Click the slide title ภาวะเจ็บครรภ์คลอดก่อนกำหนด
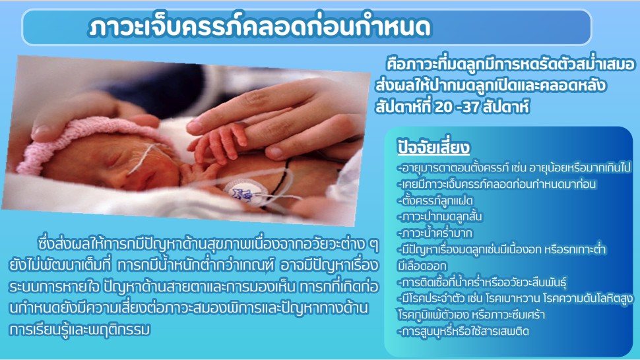pos(259,27)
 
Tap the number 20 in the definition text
pos(443,107)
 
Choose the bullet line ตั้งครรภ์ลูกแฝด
pos(435,200)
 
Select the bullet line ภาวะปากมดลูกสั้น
pos(439,216)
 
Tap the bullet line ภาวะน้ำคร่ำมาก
pos(435,233)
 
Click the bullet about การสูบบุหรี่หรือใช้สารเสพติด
pos(463,331)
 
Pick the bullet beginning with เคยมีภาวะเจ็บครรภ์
pos(497,184)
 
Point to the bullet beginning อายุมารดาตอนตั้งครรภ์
pos(514,167)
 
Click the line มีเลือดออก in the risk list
pos(422,266)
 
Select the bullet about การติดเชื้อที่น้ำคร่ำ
pos(482,282)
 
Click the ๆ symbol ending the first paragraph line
pos(373,245)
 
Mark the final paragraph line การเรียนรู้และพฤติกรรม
pos(80,330)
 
